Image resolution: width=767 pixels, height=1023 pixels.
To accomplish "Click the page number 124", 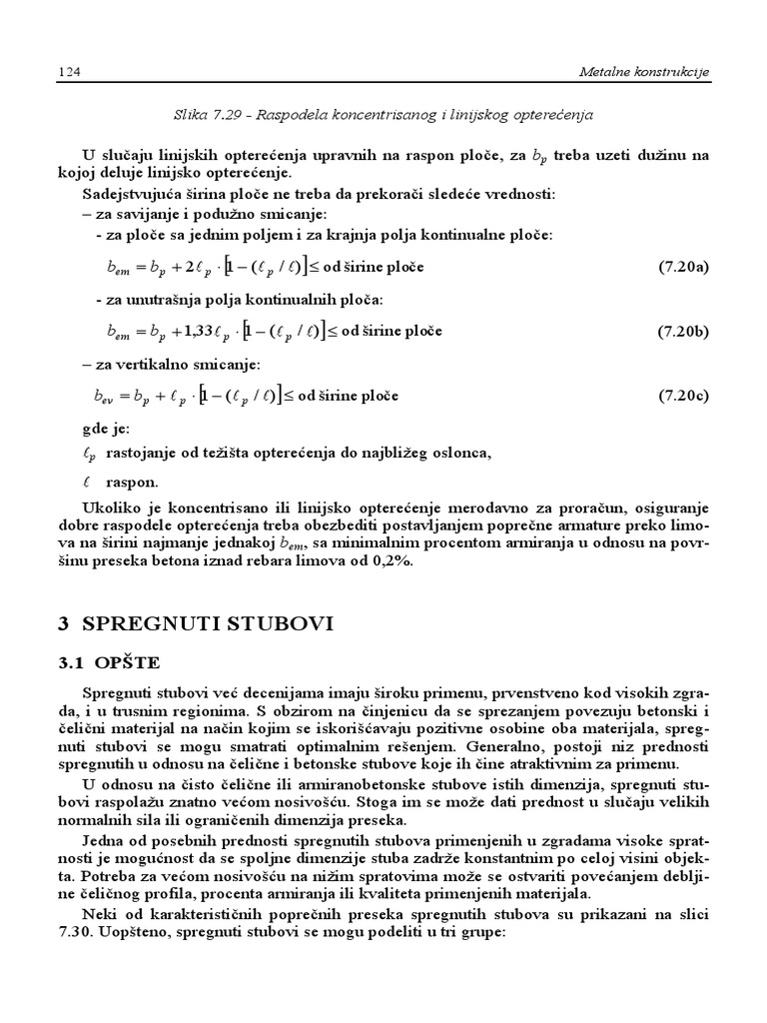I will [70, 72].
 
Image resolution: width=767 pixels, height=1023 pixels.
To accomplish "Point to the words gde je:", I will [105, 430].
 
